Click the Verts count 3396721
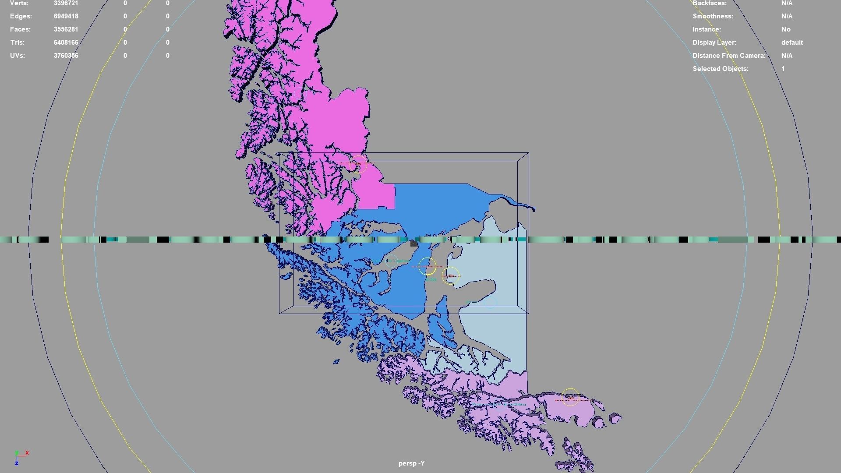tap(66, 4)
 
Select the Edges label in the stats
tap(21, 16)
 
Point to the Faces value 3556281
tap(66, 29)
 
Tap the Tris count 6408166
tap(66, 42)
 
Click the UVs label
tap(18, 56)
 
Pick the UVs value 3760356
tap(66, 56)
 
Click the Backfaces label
tap(709, 4)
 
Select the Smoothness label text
tap(713, 16)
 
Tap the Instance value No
tap(786, 29)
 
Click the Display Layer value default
tap(792, 42)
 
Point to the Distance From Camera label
tap(729, 56)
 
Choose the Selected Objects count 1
tap(783, 69)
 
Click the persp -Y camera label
tap(411, 463)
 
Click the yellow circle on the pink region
tap(358, 164)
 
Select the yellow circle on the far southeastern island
tap(570, 397)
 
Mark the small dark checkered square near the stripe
tap(414, 244)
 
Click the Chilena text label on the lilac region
tap(519, 405)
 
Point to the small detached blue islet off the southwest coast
tap(336, 362)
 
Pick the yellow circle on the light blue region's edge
tap(450, 275)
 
